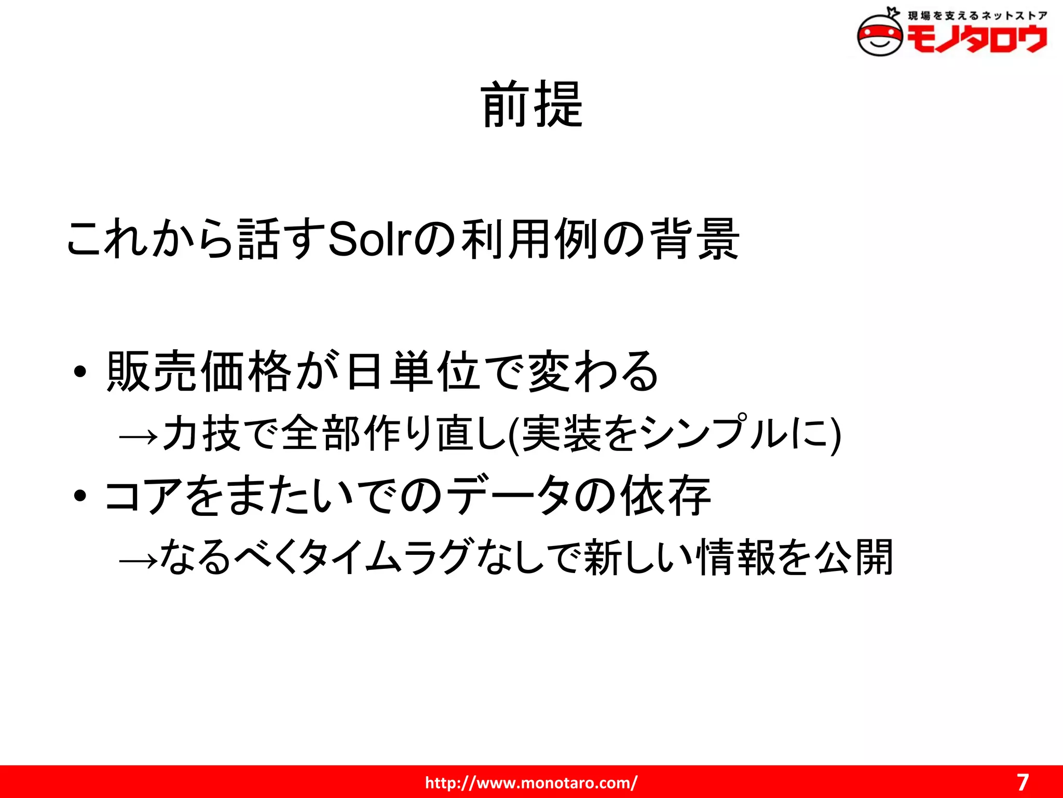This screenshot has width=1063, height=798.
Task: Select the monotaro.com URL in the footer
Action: [x=531, y=782]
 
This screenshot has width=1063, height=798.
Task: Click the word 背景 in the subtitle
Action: [x=696, y=240]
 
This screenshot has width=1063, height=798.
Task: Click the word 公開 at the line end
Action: [x=853, y=557]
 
